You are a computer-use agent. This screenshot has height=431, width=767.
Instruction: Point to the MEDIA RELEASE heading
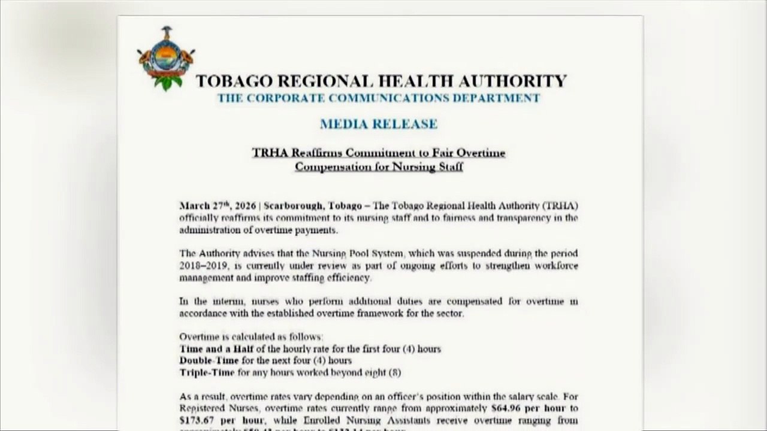(378, 124)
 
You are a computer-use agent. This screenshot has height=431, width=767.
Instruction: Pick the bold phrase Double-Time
(209, 360)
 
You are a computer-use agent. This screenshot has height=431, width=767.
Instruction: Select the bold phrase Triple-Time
(207, 372)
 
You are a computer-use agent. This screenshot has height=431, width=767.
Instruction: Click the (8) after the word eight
(393, 372)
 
